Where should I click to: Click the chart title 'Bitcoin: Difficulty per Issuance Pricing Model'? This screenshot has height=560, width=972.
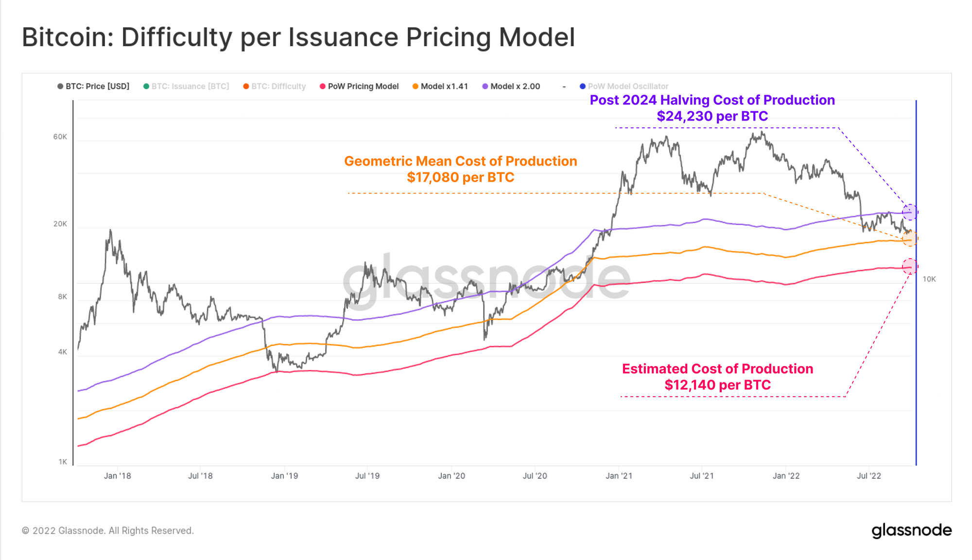(x=298, y=37)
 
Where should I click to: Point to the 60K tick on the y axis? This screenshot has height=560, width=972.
(x=60, y=137)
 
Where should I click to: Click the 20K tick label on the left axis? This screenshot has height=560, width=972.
(x=60, y=224)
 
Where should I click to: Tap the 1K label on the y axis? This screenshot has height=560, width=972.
(x=63, y=462)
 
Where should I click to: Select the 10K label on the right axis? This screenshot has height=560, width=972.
(x=929, y=279)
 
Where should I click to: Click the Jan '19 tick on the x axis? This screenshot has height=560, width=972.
(x=284, y=476)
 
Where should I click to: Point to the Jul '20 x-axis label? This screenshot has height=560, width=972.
(x=535, y=476)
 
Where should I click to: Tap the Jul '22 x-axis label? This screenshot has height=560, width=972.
(x=868, y=476)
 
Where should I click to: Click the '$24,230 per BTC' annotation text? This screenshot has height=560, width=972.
(x=712, y=116)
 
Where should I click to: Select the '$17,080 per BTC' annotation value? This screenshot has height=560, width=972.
(x=460, y=177)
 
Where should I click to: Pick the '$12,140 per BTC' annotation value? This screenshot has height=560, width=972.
(x=717, y=385)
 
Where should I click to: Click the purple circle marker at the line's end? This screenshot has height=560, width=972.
(x=910, y=212)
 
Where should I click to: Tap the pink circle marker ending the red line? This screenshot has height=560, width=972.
(x=910, y=266)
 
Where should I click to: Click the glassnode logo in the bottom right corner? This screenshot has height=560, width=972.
(x=911, y=530)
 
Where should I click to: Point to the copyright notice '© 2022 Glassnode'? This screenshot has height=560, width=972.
(x=107, y=531)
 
